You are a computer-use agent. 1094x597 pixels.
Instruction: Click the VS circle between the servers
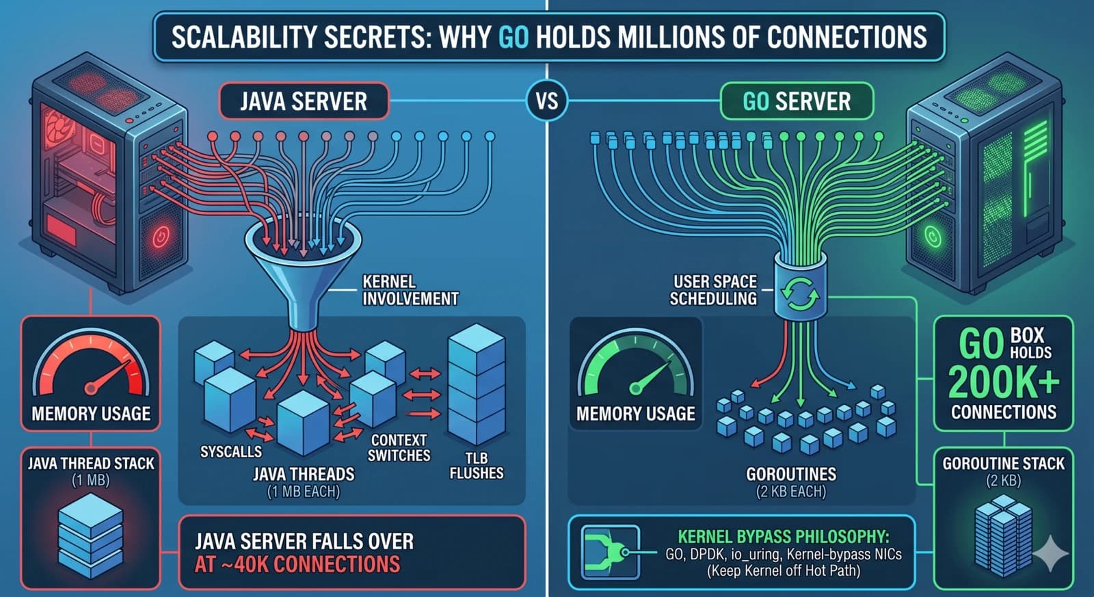pos(547,101)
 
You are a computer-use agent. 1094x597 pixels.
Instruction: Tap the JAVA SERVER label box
pos(304,102)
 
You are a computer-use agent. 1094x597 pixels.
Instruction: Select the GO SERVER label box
pos(797,102)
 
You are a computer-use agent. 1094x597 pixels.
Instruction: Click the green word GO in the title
pos(513,37)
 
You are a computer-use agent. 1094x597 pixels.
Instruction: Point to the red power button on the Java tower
pos(160,237)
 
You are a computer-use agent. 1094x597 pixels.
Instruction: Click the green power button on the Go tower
pos(933,237)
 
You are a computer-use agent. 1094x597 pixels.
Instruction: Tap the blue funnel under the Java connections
pos(303,267)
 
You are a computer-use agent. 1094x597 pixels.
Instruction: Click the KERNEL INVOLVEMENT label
pos(410,290)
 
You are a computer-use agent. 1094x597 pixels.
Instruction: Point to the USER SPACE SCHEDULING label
pos(714,290)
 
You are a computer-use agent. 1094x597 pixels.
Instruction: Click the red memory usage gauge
pos(91,369)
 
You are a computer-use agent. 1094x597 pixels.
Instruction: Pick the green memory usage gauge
pos(636,369)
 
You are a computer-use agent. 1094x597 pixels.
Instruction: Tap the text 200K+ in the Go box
pos(1003,382)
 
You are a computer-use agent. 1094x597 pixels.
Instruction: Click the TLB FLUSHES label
pos(476,466)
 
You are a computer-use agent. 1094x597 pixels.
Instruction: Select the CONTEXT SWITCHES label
pos(399,448)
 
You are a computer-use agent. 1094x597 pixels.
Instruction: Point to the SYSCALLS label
pos(230,451)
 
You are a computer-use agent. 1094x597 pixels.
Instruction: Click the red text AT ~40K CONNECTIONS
pos(297,564)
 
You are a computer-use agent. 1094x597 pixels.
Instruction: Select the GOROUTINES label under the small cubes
pos(791,474)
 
